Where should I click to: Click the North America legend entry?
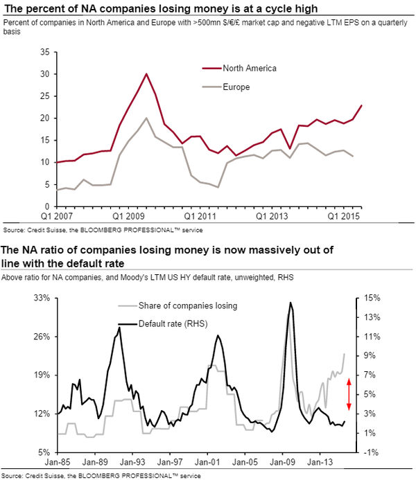pos(250,68)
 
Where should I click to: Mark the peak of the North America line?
pos(146,73)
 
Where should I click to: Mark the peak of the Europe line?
pos(146,118)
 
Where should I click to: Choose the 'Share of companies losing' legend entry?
pos(187,305)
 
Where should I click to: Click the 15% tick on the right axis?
pos(371,298)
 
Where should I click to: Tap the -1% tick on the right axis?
pos(371,452)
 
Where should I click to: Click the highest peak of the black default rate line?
pos(290,303)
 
